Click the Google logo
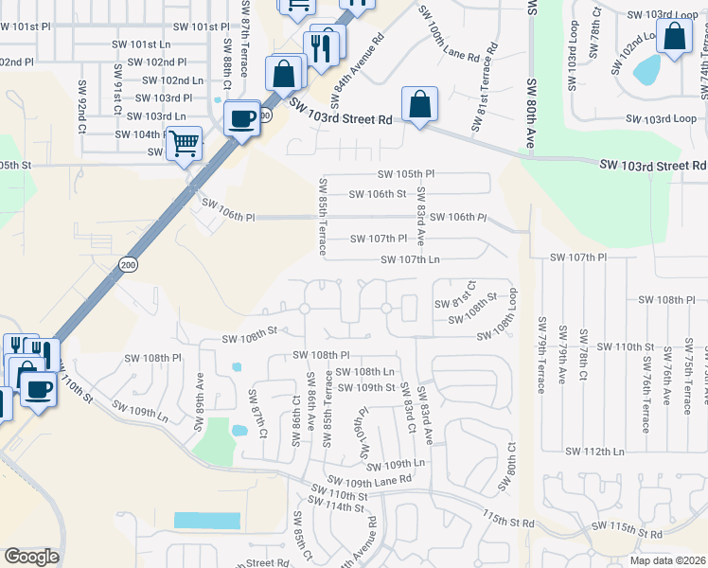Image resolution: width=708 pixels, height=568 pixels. pyautogui.click(x=31, y=556)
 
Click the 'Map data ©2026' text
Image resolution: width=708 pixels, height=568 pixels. pyautogui.click(x=667, y=560)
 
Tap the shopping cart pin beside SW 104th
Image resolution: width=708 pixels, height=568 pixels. pyautogui.click(x=184, y=144)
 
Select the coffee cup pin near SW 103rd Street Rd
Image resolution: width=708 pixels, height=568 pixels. pyautogui.click(x=242, y=118)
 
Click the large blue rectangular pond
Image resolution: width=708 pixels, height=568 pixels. pyautogui.click(x=206, y=521)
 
